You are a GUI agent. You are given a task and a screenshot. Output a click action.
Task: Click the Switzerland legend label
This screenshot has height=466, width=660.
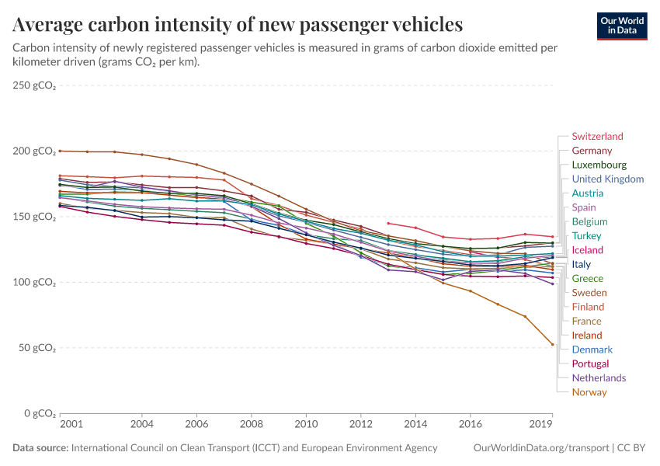pos(597,137)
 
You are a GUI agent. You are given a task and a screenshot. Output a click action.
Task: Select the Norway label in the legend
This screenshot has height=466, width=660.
pos(589,392)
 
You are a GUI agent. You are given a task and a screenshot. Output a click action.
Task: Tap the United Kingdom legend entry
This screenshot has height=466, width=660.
pos(607,179)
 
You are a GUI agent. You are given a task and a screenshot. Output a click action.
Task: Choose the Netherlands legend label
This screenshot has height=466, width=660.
pos(599,378)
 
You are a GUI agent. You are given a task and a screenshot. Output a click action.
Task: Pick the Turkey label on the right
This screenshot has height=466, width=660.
pos(587,236)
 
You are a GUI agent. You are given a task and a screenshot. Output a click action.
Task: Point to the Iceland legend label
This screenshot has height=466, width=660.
pos(588,250)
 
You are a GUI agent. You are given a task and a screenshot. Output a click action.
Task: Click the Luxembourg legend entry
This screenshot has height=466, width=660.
pos(599,165)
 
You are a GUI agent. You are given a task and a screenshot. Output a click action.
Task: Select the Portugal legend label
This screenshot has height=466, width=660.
pos(590,363)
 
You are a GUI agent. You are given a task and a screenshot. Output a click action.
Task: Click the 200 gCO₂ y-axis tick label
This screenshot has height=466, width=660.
pos(34,151)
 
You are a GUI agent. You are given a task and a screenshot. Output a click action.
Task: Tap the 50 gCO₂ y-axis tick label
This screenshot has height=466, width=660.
pos(37,348)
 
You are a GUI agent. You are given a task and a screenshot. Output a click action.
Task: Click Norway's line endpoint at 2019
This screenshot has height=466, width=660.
pos(552,344)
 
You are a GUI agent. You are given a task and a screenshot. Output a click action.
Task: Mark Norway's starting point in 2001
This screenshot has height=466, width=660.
pos(61,151)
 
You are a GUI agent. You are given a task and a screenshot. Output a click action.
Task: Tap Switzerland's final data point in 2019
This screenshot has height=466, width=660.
pos(552,237)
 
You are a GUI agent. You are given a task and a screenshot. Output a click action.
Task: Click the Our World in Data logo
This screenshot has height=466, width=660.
pos(621,26)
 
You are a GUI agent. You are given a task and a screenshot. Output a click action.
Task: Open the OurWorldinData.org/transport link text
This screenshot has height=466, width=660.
pos(540,448)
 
